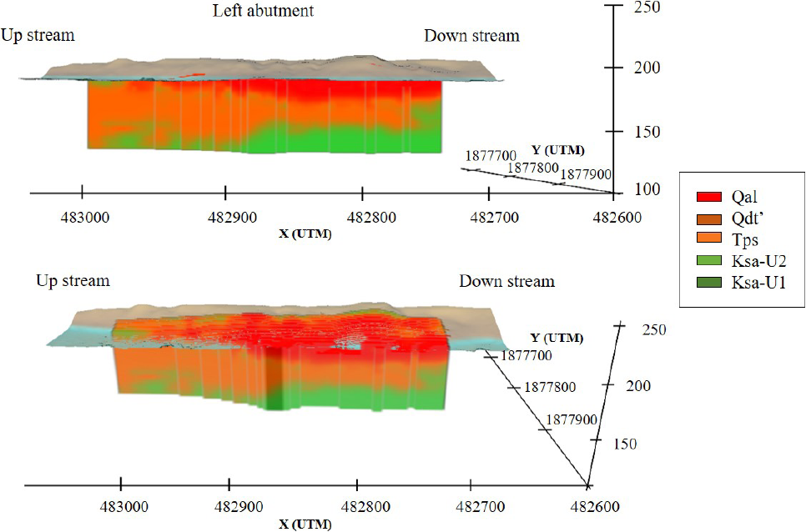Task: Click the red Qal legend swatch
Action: pos(709,198)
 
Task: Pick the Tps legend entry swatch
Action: pos(709,241)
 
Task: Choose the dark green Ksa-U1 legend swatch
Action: pos(709,284)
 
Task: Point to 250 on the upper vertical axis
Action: pos(647,8)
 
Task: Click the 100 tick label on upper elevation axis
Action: pos(647,189)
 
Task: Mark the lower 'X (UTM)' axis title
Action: pos(305,525)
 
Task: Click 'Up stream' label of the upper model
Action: pos(38,35)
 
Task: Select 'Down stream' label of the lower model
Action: pos(506,281)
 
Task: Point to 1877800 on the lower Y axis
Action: pos(552,388)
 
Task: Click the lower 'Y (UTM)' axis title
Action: pos(557,338)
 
